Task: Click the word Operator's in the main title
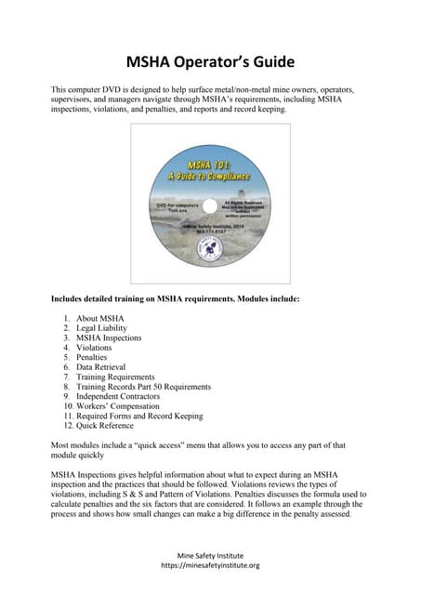[x=210, y=62]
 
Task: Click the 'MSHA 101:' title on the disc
[x=211, y=163]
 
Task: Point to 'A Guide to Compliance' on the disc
[x=210, y=176]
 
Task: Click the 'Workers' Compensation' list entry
[x=118, y=406]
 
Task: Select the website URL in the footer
[x=210, y=564]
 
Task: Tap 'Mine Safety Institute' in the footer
[x=210, y=553]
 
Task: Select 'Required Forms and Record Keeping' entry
[x=139, y=416]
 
